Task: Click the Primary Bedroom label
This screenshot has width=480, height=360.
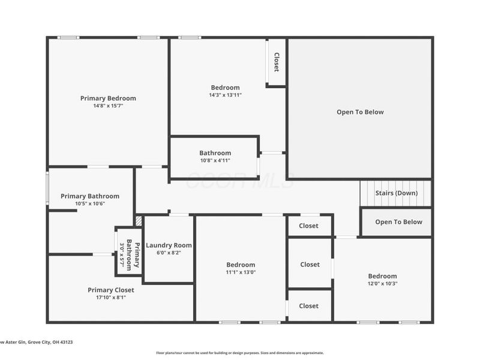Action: [108, 98]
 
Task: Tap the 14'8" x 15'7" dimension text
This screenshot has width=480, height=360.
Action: [108, 106]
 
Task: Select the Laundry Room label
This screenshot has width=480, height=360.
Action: [169, 245]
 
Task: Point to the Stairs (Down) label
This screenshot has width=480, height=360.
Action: [396, 193]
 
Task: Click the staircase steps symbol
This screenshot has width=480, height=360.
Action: [395, 193]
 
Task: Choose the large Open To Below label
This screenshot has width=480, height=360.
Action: [360, 112]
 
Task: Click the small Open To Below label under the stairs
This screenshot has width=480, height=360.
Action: [398, 222]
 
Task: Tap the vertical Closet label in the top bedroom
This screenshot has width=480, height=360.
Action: [277, 62]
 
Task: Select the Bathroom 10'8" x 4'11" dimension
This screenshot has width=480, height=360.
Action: [215, 160]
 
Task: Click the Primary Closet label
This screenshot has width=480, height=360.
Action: [111, 290]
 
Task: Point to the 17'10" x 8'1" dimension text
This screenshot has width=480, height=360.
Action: [111, 298]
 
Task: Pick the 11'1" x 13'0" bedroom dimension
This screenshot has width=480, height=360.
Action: [240, 272]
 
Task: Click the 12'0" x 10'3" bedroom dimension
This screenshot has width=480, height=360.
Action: [382, 284]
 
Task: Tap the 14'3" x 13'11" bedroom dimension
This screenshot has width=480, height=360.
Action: [225, 95]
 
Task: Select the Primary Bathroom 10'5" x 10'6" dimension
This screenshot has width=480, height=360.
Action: [90, 204]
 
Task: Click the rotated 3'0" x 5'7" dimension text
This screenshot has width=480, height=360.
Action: [122, 255]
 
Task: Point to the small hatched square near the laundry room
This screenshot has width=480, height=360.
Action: [139, 221]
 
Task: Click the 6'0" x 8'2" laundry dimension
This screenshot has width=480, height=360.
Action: [169, 253]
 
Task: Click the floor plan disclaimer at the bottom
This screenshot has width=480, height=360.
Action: [240, 353]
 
